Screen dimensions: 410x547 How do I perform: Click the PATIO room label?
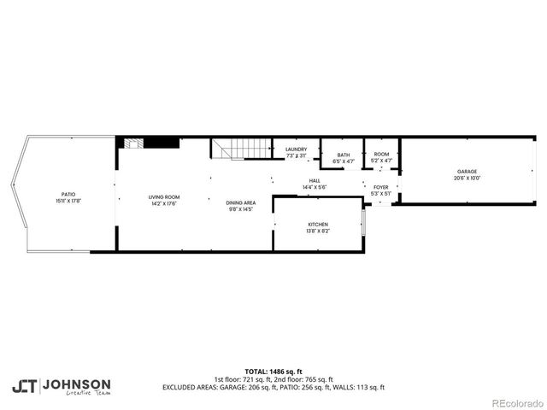coord(68,194)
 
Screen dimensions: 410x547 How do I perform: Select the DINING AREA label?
coord(240,202)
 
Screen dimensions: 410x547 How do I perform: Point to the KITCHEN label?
coord(318,225)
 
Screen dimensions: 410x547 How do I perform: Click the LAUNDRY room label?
coord(296,149)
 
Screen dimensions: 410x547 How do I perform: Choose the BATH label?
coord(343,155)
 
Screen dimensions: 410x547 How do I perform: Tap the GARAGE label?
coord(466,172)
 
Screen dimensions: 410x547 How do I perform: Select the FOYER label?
coord(380,187)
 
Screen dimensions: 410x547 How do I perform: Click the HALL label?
coord(315,180)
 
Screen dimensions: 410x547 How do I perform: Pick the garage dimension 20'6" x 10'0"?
coord(466,178)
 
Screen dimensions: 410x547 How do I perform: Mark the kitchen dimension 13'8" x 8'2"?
coord(318,231)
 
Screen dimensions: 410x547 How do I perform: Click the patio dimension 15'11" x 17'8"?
coord(68,200)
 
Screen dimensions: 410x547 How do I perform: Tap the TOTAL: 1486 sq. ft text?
coord(273,372)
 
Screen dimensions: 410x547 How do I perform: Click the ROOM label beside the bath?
coord(381,154)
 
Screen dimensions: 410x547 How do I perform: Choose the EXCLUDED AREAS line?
coord(273,387)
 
